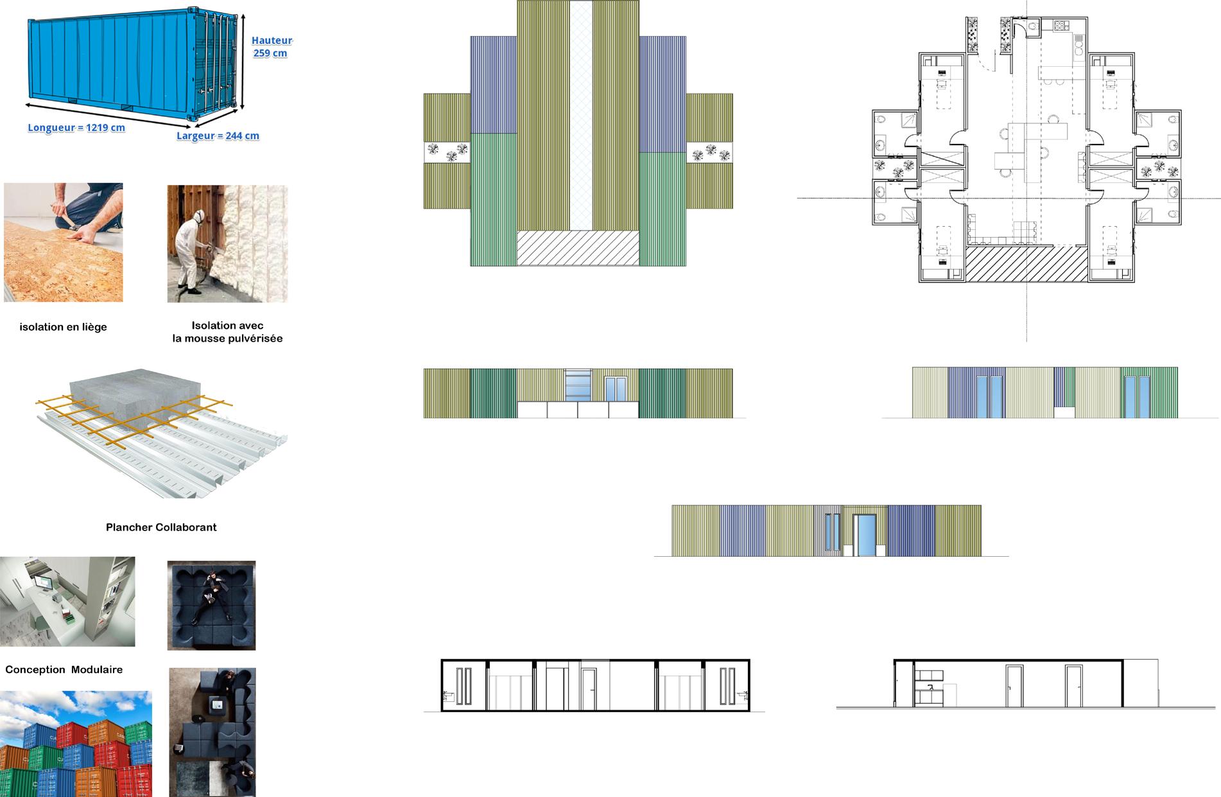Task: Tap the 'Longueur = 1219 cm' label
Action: point(76,128)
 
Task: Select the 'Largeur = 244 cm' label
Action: point(218,136)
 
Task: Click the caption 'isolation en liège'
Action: point(64,327)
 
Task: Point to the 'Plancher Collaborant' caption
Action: point(161,527)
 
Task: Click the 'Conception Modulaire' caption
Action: point(64,669)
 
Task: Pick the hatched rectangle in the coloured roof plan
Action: point(578,248)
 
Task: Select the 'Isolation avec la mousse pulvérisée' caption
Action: point(227,332)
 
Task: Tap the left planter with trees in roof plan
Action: point(447,152)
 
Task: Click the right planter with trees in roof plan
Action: point(709,152)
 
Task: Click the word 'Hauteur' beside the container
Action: point(272,40)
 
